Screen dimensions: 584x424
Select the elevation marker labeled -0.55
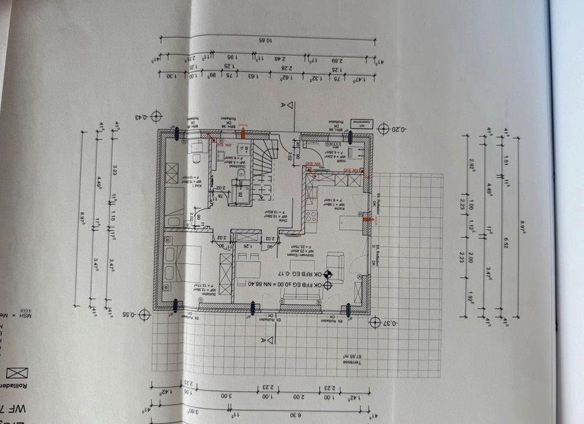pos(144,314)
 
